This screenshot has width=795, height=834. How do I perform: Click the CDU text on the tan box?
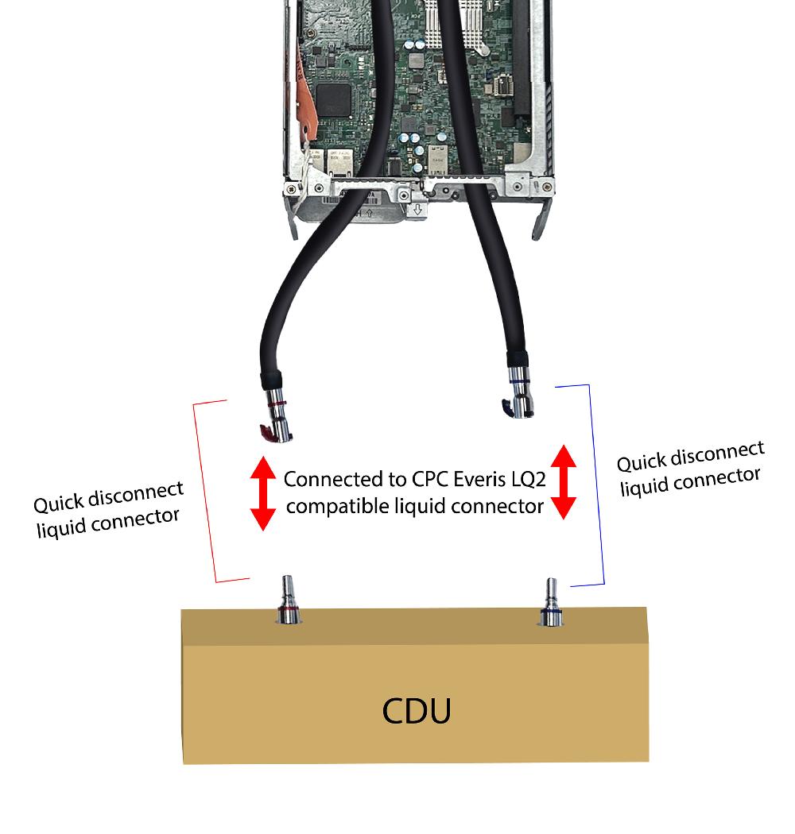click(417, 711)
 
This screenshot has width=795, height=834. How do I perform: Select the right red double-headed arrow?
click(563, 481)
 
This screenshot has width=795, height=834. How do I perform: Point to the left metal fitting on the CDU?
click(287, 601)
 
